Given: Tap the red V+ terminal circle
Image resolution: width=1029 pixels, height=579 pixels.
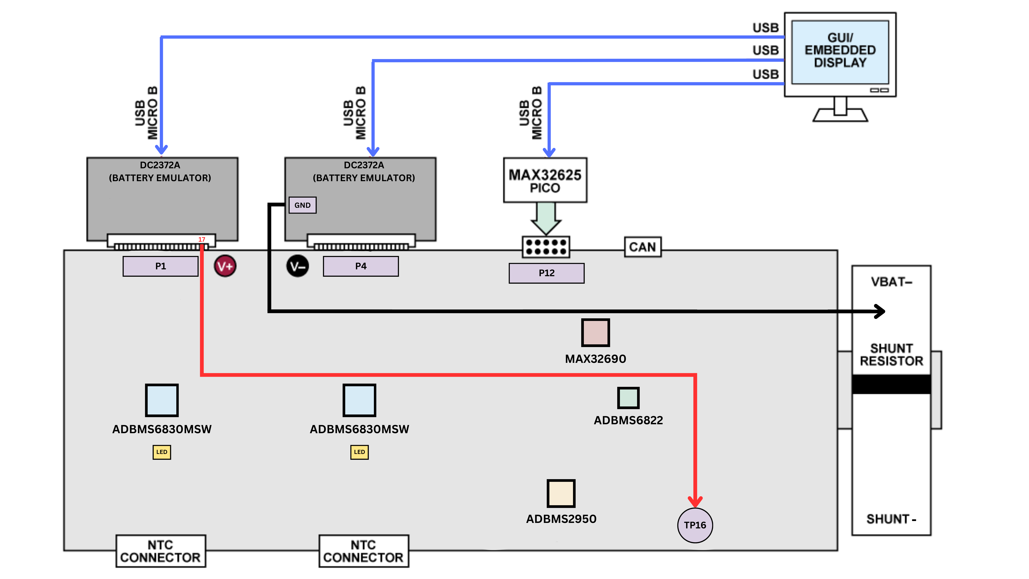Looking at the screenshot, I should click(x=225, y=266).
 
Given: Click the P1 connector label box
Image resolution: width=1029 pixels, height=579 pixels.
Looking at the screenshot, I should click(x=161, y=266).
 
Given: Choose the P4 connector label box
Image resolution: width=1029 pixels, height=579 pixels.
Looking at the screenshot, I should click(x=361, y=266).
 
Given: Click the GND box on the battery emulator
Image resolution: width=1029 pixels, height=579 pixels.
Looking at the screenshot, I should click(x=302, y=205).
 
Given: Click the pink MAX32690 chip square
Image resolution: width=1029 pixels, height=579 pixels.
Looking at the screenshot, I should click(x=595, y=332).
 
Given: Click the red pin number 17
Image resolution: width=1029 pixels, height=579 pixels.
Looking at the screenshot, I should click(x=202, y=239).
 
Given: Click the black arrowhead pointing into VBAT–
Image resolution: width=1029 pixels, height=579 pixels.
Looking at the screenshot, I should click(x=880, y=311).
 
